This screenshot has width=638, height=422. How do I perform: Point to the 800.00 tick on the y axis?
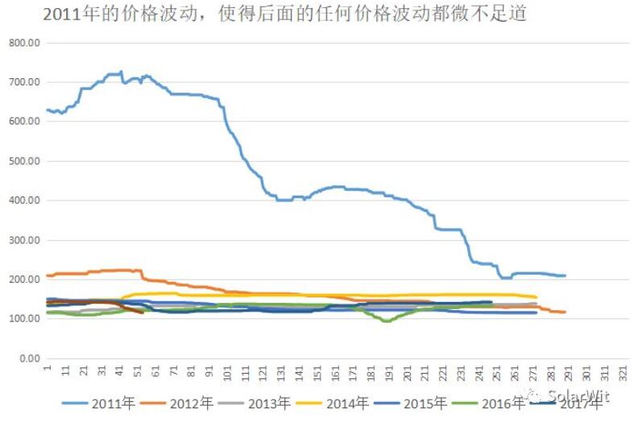(x=24, y=43)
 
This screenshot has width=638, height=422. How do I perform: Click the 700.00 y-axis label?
(x=24, y=82)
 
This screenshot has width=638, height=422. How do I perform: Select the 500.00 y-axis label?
(x=24, y=161)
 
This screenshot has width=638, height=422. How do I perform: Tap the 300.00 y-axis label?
(x=24, y=240)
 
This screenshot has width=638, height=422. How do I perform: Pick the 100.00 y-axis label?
(x=24, y=319)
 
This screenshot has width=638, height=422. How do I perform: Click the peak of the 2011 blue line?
(x=121, y=72)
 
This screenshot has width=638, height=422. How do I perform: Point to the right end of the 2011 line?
(x=565, y=275)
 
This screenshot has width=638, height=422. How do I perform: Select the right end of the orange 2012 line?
(x=565, y=312)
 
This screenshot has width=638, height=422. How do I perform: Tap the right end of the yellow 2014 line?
(x=536, y=297)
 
